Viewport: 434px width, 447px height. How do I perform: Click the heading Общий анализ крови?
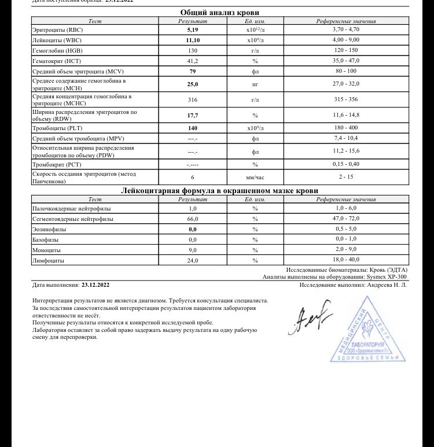coord(219,12)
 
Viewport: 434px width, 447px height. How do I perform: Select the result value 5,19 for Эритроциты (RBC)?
coord(193,29)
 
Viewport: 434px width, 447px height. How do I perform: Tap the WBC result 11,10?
coord(193,40)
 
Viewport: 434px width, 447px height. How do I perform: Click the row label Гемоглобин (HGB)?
coord(56,50)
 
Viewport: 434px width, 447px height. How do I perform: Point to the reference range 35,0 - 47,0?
coord(346,61)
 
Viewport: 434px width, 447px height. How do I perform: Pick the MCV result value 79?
coord(193,71)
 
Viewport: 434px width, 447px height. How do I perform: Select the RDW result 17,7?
coord(193,115)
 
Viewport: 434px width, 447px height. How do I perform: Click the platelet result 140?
coord(193,128)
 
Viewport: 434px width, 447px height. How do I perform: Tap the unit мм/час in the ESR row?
coord(255,178)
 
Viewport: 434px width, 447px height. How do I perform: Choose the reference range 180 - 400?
coord(346,128)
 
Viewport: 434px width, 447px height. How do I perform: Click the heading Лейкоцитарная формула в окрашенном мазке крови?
coord(219,190)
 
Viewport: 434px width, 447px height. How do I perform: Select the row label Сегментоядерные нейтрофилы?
coord(73,219)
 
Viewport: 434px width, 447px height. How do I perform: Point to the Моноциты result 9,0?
coord(193,250)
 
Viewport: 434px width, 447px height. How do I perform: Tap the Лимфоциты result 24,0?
coord(193,261)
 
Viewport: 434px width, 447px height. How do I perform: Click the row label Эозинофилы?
coord(49,230)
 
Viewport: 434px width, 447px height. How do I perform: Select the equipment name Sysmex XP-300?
coord(387,277)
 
